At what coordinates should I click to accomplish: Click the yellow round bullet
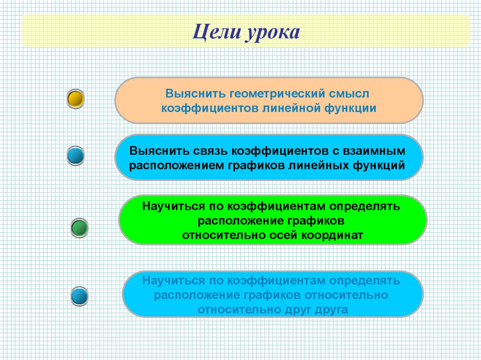(76, 99)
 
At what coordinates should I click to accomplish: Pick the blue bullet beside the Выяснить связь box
(76, 155)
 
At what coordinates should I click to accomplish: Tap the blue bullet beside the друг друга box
(80, 296)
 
